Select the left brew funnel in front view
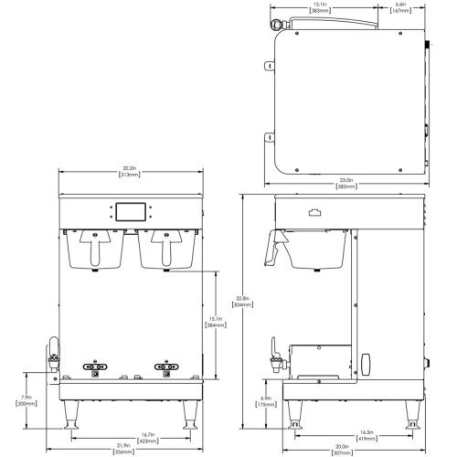coord(94,247)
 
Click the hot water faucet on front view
coord(53,353)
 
